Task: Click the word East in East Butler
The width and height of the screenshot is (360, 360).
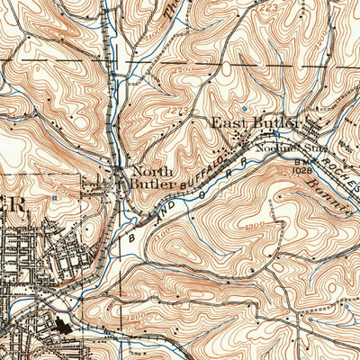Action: (x=229, y=121)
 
